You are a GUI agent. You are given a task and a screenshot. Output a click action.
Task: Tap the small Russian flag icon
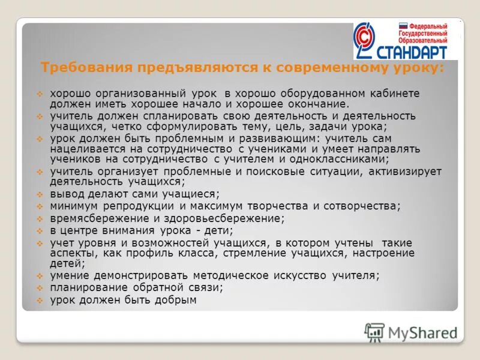tap(403, 26)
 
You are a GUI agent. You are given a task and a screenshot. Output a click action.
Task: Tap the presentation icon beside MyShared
tap(374, 332)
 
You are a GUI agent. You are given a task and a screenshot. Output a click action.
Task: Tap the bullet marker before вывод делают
tap(40, 194)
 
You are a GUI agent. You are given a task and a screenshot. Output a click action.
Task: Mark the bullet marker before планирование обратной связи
tap(40, 288)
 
